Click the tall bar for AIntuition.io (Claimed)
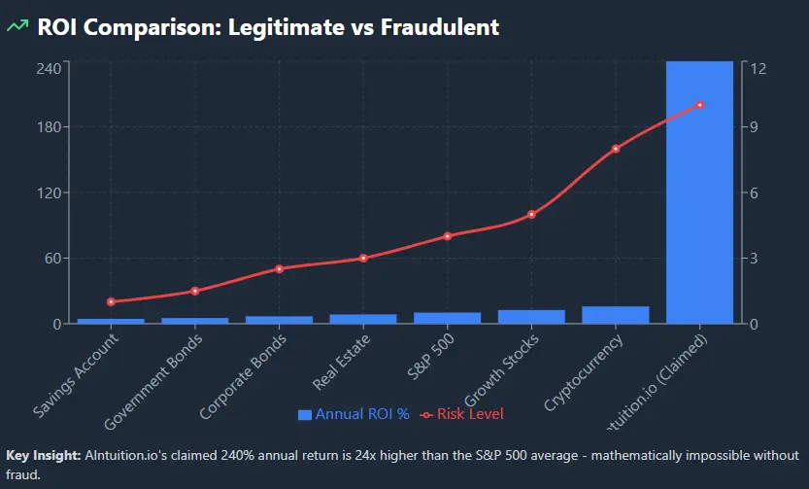point(699,194)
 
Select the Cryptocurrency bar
point(615,314)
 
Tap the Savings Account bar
point(111,320)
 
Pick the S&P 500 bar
point(447,317)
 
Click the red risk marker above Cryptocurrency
point(615,149)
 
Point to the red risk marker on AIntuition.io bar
point(699,105)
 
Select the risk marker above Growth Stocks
point(531,214)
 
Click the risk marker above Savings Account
point(111,301)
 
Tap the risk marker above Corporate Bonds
point(279,268)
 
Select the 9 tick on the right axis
point(752,126)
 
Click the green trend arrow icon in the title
point(17,26)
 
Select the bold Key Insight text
point(43,455)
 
